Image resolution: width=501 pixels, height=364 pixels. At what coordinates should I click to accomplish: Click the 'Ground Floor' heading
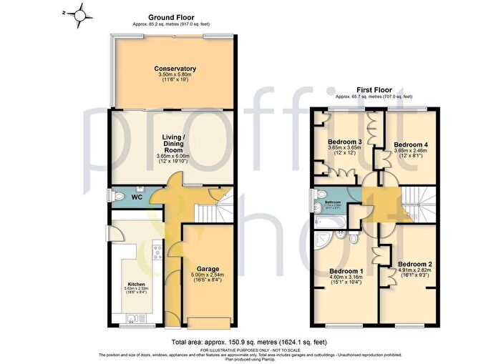click(x=170, y=16)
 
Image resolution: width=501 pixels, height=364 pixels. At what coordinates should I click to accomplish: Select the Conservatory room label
click(x=175, y=69)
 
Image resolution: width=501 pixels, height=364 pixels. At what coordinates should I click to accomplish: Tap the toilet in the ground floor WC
click(x=118, y=195)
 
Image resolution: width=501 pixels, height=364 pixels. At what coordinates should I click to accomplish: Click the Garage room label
click(x=208, y=269)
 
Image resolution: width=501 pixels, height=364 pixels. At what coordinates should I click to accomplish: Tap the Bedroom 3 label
click(x=345, y=142)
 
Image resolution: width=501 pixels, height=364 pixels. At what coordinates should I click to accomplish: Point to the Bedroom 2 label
click(x=415, y=263)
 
